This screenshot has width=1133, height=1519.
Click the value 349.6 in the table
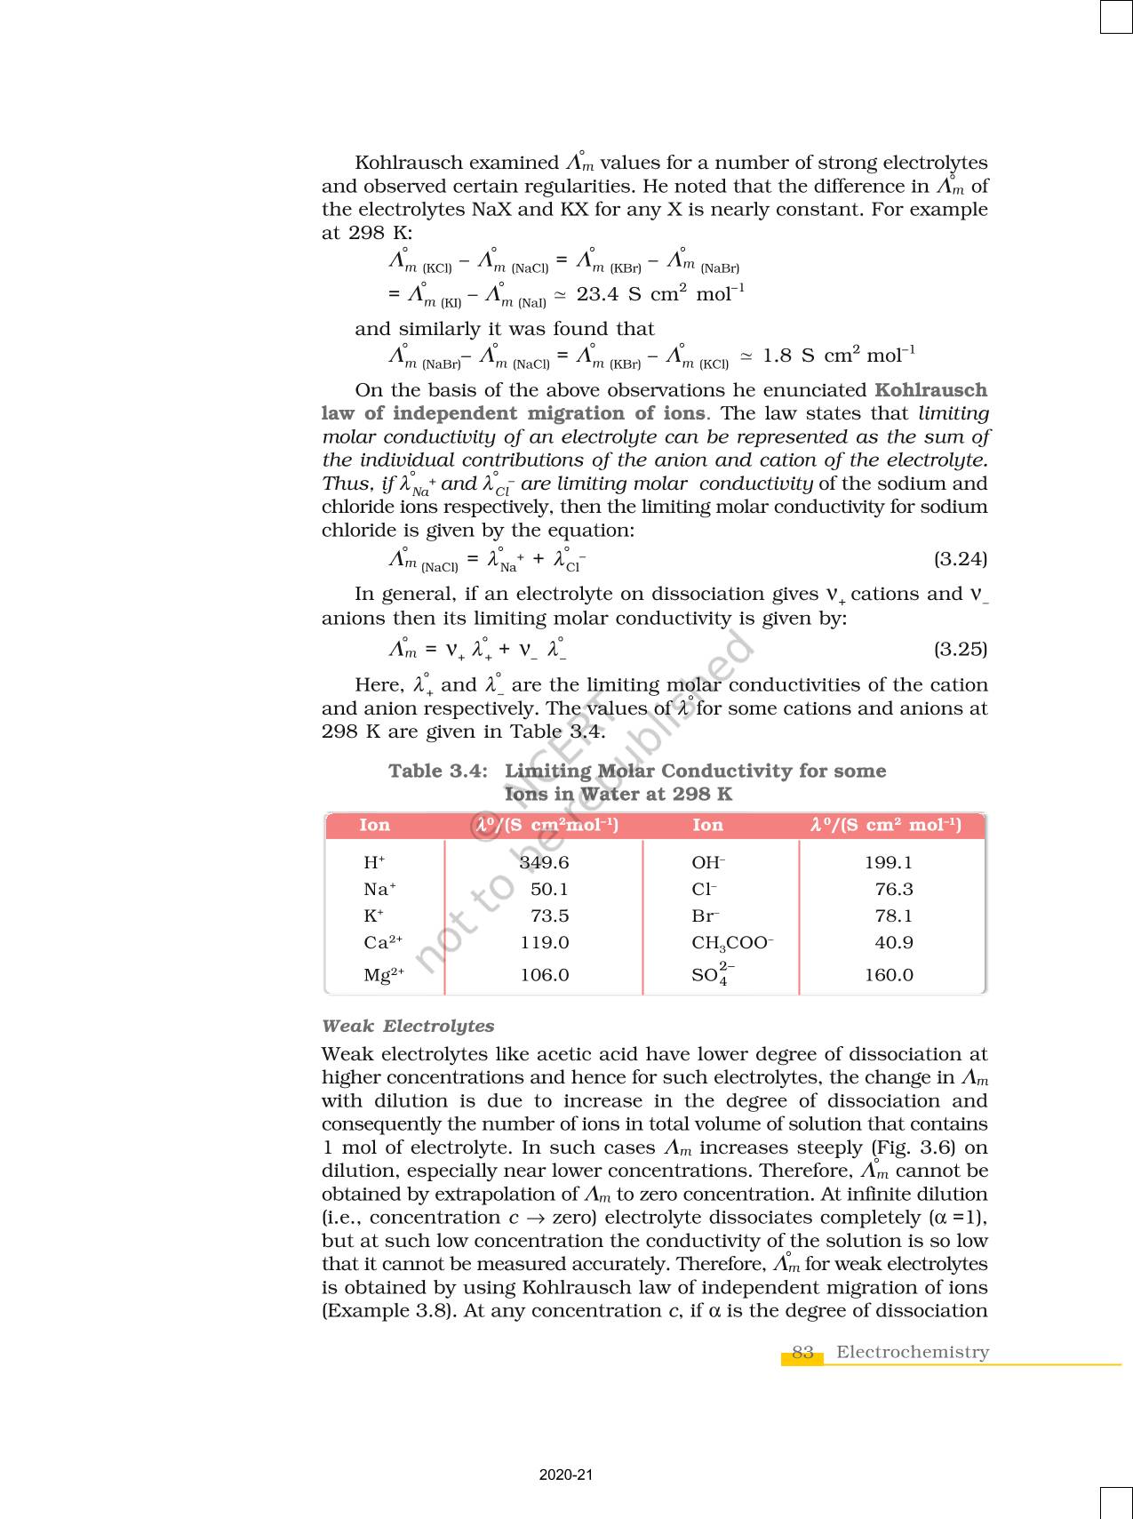(x=544, y=862)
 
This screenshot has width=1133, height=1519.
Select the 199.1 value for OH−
(x=889, y=862)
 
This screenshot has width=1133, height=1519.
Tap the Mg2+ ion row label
(x=383, y=975)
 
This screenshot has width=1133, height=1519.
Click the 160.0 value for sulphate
(x=889, y=975)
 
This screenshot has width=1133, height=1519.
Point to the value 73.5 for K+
(x=549, y=915)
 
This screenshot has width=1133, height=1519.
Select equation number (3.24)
(x=960, y=559)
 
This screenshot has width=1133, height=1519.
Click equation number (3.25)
(x=960, y=649)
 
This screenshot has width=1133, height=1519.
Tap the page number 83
(x=802, y=1352)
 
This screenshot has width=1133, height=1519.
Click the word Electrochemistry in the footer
(x=912, y=1352)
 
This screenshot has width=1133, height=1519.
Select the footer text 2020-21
(x=566, y=1475)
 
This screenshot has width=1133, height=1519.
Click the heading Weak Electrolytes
(x=408, y=1026)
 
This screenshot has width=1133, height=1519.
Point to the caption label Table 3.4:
(x=438, y=771)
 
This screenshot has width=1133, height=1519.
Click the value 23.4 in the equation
(x=597, y=294)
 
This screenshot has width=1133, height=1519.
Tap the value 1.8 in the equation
(x=777, y=356)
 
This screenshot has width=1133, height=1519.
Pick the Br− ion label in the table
(x=706, y=915)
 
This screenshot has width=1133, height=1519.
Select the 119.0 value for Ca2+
(x=544, y=943)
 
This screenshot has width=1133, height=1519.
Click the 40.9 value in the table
(x=894, y=943)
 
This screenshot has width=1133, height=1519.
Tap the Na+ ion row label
(x=379, y=889)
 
